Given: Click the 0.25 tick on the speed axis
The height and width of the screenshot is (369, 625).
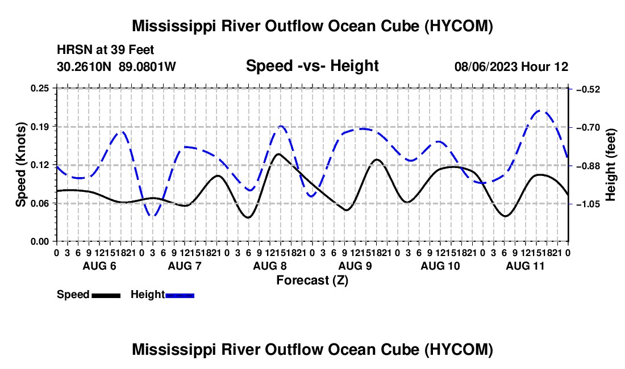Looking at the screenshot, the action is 40,88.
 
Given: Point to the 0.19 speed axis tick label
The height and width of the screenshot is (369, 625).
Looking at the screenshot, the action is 40,127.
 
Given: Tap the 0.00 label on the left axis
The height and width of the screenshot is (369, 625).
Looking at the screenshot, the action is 40,242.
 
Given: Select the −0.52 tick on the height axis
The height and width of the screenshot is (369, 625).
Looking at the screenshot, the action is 588,89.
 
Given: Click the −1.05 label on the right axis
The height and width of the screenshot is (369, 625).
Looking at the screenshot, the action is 588,204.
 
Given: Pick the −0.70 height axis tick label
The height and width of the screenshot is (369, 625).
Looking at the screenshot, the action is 588,127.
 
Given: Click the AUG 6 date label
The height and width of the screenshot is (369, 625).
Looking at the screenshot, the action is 99,266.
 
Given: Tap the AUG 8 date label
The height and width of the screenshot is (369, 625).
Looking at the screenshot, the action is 270,266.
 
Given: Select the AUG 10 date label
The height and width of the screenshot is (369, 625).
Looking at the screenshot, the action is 440,266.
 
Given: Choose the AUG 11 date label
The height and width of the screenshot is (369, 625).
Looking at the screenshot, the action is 526,266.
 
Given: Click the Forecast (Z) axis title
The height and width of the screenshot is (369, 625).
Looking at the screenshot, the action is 312,280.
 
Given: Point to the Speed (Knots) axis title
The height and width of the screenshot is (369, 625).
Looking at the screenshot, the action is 20,165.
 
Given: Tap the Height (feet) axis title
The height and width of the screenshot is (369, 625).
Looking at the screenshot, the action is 611,165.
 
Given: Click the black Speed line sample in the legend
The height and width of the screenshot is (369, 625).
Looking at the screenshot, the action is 106,295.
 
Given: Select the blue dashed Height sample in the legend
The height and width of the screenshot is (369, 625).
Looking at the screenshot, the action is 180,295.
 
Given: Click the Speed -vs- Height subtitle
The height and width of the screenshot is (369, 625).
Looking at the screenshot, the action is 312,66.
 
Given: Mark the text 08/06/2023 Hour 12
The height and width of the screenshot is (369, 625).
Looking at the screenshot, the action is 511,66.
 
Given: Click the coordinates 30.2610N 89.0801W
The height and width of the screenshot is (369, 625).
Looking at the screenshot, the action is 116,66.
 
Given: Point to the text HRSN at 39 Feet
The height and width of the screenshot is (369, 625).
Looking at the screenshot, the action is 105,50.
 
